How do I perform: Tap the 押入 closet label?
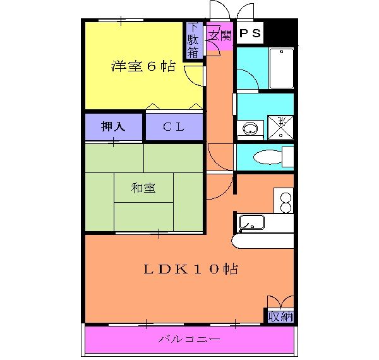[x=114, y=126]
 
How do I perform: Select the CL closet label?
[x=174, y=126]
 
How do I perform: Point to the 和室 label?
[x=143, y=188]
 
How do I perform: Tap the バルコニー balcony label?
[x=189, y=340]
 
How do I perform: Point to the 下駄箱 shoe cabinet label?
[x=193, y=41]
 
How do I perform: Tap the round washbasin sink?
[x=251, y=130]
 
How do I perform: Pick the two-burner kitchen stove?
[x=285, y=201]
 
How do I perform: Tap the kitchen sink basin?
[x=251, y=223]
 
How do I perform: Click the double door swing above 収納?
[x=280, y=302]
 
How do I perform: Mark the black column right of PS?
[x=281, y=32]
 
